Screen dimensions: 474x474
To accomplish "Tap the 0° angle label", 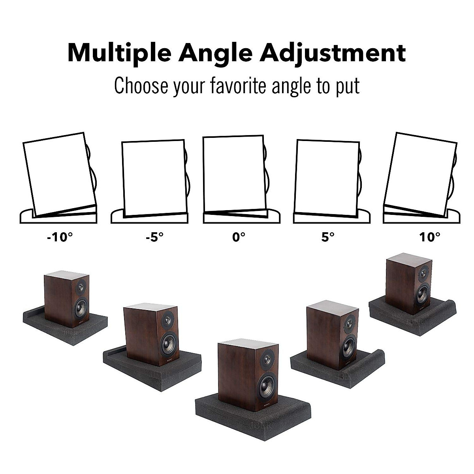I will pyautogui.click(x=239, y=238).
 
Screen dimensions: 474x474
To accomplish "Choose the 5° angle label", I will pyautogui.click(x=328, y=238).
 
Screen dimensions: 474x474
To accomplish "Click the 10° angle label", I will pyautogui.click(x=430, y=238).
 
